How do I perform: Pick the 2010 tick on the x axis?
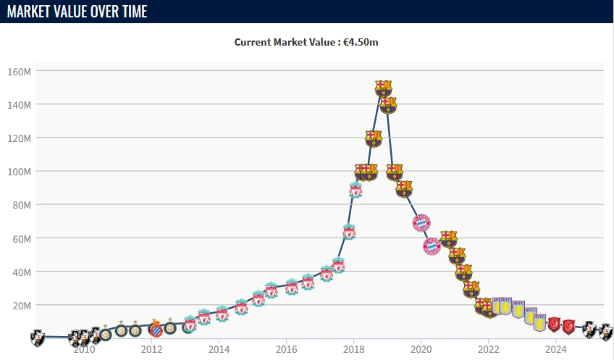(84, 349)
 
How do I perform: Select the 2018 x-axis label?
(353, 349)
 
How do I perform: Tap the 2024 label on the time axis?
(555, 349)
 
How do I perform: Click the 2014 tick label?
(219, 349)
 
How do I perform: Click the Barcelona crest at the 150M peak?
(383, 88)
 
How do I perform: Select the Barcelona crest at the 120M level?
(374, 138)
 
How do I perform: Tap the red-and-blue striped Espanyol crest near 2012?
(154, 330)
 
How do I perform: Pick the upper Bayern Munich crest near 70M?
(421, 222)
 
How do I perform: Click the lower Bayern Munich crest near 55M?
(432, 246)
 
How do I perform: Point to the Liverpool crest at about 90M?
(355, 190)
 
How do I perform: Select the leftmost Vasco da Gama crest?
(37, 337)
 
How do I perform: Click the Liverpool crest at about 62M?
(349, 233)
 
